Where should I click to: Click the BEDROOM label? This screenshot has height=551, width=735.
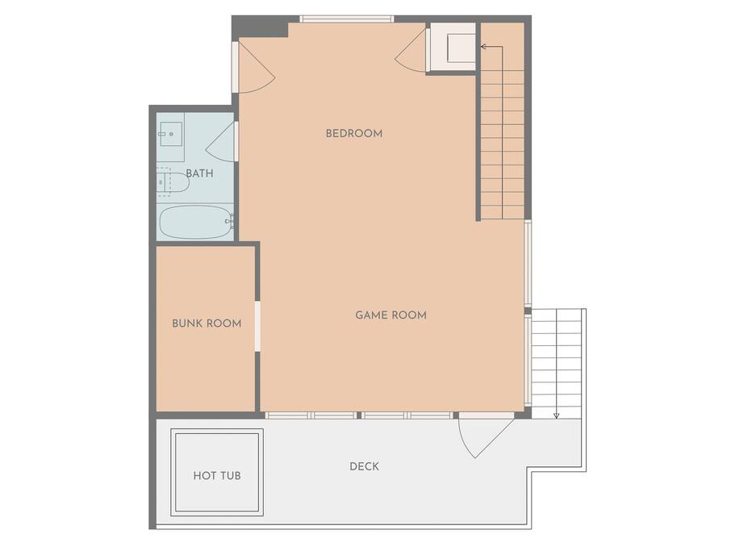click(354, 134)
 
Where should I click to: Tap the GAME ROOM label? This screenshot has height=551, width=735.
click(391, 315)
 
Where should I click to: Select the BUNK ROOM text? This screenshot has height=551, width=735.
click(207, 324)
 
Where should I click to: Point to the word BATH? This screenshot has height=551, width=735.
click(200, 173)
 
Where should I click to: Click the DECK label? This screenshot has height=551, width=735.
click(364, 466)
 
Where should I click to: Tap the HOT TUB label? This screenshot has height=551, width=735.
click(217, 476)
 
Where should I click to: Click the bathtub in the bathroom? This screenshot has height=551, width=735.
click(196, 222)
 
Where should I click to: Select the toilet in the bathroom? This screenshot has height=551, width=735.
click(173, 182)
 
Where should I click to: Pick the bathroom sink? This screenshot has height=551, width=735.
click(170, 135)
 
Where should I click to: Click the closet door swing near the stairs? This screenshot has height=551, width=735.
click(407, 52)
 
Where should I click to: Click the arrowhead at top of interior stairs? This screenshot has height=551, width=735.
click(483, 46)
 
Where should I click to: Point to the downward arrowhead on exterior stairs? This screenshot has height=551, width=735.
click(557, 415)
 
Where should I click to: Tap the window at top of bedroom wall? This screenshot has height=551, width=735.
click(347, 19)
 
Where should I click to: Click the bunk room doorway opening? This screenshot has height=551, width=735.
click(257, 326)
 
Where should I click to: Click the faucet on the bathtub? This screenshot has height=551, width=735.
click(229, 219)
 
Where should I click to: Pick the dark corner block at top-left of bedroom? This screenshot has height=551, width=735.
click(259, 27)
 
